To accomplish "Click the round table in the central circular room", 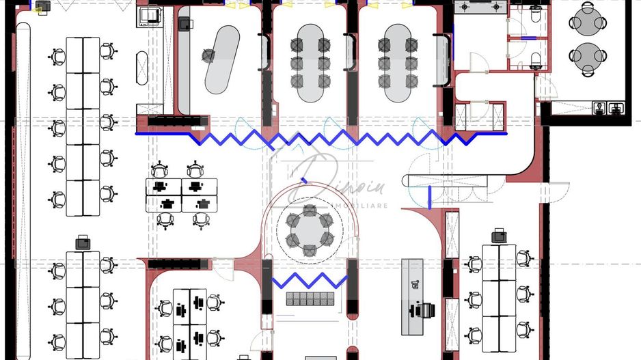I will pos(309,231).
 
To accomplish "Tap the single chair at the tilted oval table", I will pos(206,55).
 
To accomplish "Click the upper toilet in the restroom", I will pos(535,14).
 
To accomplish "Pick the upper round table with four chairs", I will pos(588,21).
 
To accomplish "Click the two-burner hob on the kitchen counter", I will pos(481,8).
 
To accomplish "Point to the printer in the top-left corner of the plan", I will pos(42,7).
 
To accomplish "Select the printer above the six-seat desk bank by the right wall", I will pos(499,236).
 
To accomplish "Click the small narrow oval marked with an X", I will pos(141,66).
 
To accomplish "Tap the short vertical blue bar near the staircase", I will pos(428,196).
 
